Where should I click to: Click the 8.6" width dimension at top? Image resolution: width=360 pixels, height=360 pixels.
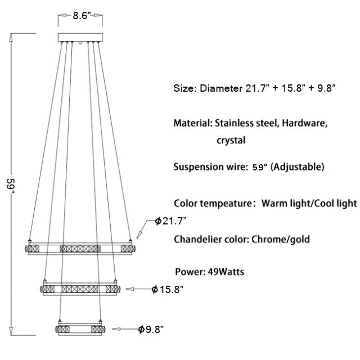tap(80, 16)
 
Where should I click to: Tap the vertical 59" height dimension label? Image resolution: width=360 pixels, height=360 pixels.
tap(11, 186)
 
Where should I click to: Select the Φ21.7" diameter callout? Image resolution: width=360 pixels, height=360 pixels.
tap(170, 221)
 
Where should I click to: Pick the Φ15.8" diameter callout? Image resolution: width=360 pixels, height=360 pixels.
tap(168, 289)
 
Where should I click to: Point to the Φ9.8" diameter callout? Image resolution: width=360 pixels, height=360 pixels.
tap(151, 330)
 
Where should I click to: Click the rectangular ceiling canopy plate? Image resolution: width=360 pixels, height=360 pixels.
tap(80, 37)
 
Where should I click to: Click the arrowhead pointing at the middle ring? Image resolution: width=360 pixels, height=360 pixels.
tap(129, 289)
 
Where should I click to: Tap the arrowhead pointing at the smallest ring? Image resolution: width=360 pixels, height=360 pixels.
tap(116, 329)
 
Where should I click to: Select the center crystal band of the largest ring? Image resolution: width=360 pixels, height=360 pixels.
tap(80, 249)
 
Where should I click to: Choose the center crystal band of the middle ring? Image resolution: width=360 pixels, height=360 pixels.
tap(80, 289)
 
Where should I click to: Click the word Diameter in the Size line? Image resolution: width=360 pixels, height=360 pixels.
tap(221, 88)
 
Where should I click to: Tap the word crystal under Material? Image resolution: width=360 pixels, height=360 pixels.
tap(231, 140)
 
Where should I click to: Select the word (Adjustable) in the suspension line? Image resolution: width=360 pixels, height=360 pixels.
tap(298, 166)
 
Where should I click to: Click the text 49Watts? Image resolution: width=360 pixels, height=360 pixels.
tap(226, 272)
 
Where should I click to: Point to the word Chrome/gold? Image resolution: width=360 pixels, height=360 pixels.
tap(281, 239)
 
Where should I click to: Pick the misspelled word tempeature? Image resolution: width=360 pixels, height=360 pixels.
tap(226, 204)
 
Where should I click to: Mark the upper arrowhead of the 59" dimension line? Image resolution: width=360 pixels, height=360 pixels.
tap(11, 38)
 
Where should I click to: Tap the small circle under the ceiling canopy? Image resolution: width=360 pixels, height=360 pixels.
tap(80, 43)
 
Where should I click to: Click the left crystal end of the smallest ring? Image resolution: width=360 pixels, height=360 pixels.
tap(62, 330)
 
